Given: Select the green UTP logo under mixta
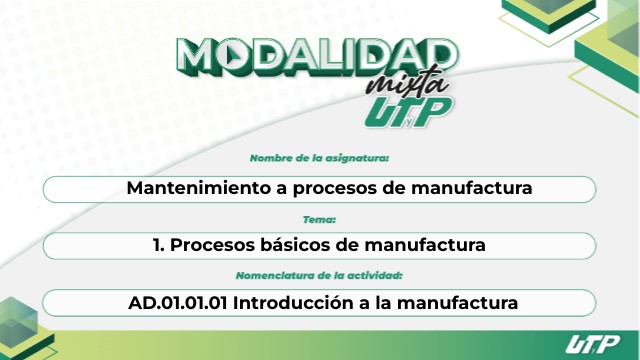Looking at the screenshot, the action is click(x=408, y=113).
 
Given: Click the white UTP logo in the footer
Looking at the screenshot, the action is click(x=592, y=344).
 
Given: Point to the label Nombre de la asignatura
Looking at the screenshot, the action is click(x=319, y=158).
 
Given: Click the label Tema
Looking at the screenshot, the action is click(x=319, y=220).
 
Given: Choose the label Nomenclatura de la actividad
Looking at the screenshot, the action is click(x=319, y=276).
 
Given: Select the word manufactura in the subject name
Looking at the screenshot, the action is click(x=471, y=188).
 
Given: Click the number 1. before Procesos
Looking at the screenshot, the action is click(x=159, y=245).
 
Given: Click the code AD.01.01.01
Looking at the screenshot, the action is click(x=178, y=303).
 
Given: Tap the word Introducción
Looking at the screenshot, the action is click(x=293, y=303).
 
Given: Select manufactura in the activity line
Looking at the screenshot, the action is click(x=458, y=303).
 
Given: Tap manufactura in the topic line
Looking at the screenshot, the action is click(x=425, y=245).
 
